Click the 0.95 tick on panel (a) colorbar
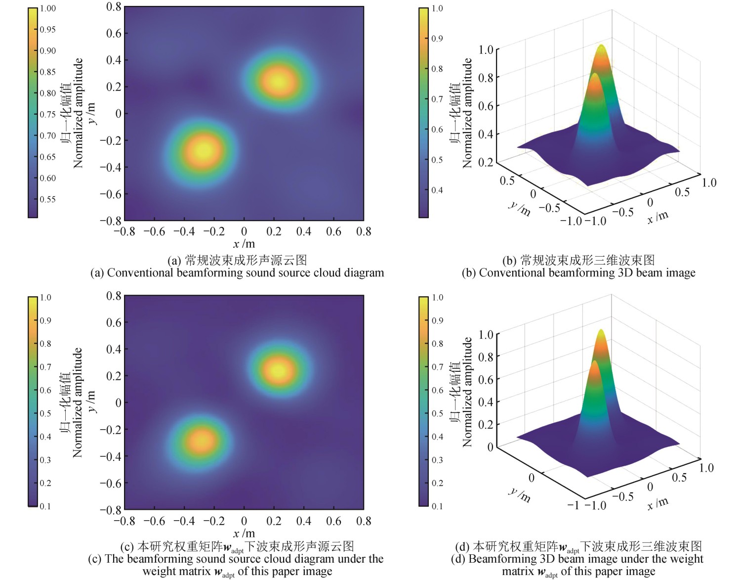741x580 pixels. click(47, 30)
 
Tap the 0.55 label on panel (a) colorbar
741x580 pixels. click(47, 199)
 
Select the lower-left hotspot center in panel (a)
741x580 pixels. click(203, 149)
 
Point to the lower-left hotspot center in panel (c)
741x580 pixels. click(202, 439)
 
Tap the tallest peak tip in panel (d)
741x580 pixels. click(601, 331)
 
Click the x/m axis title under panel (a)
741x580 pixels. click(244, 244)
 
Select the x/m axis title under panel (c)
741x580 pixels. click(244, 533)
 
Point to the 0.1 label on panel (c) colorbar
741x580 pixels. click(45, 506)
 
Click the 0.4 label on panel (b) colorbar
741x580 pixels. click(437, 190)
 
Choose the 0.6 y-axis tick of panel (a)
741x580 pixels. click(114, 33)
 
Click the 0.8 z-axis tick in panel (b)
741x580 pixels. click(486, 78)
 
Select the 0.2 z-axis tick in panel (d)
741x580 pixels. click(486, 424)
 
